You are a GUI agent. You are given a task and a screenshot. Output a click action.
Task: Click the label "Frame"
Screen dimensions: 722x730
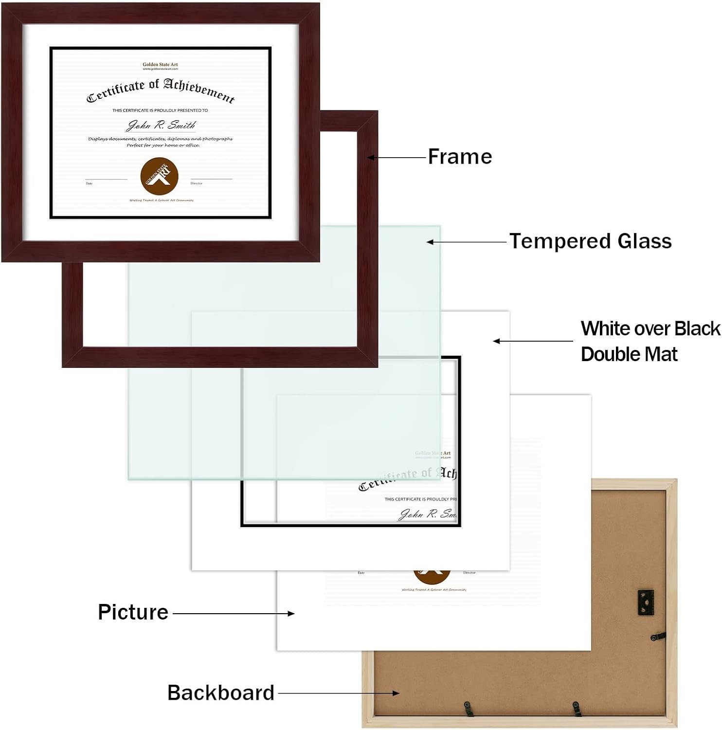coord(460,157)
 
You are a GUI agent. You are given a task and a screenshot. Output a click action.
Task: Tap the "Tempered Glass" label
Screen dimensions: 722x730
coord(590,241)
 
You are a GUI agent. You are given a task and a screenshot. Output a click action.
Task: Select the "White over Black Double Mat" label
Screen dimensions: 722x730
coord(650,341)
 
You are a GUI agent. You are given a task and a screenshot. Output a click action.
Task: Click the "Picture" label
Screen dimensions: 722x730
coord(133,612)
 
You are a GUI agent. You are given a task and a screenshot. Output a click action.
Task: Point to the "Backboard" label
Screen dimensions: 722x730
coord(221,693)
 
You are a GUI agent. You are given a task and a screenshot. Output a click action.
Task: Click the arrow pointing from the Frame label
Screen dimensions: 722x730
coord(397,157)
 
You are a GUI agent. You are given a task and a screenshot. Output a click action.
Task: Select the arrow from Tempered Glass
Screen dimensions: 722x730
coord(467,242)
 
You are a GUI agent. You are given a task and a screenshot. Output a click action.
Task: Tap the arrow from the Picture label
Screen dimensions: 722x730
coord(234,614)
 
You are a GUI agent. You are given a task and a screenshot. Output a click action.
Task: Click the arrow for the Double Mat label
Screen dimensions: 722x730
coord(533,341)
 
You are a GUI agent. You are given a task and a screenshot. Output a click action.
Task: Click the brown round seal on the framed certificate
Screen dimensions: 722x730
coord(159,176)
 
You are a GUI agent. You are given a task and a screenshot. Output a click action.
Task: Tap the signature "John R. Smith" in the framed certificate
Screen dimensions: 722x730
coord(161,125)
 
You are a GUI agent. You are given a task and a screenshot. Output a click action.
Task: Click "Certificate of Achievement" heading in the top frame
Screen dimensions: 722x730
coord(161,91)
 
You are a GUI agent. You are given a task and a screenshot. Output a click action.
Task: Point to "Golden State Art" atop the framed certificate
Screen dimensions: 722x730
coord(160,64)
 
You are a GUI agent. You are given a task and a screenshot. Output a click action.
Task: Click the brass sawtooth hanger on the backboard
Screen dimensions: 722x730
coord(646,602)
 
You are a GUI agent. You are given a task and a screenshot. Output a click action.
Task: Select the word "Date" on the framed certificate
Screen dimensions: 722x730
coord(89,183)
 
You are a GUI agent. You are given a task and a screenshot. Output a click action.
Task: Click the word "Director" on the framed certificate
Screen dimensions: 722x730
coord(197,183)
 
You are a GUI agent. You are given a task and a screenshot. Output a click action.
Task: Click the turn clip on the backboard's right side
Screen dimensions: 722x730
coord(657,637)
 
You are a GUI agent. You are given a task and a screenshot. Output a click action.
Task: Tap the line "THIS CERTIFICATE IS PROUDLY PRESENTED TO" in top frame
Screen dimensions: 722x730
coord(160,110)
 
